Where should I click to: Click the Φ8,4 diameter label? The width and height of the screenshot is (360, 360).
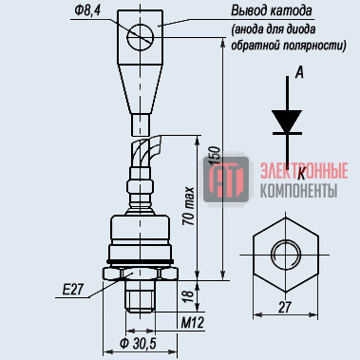[87, 11]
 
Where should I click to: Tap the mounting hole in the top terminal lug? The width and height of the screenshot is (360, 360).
[140, 37]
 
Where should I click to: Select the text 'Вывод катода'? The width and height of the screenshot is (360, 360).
[272, 11]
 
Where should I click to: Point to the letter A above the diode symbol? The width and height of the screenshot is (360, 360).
[299, 72]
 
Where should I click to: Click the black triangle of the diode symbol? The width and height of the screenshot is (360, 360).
[287, 122]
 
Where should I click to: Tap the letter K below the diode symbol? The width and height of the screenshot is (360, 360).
[302, 174]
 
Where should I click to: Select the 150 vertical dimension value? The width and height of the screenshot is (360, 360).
[215, 156]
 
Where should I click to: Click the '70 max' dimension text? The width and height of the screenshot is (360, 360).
[189, 206]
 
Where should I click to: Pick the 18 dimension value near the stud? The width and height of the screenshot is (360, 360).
[189, 296]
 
